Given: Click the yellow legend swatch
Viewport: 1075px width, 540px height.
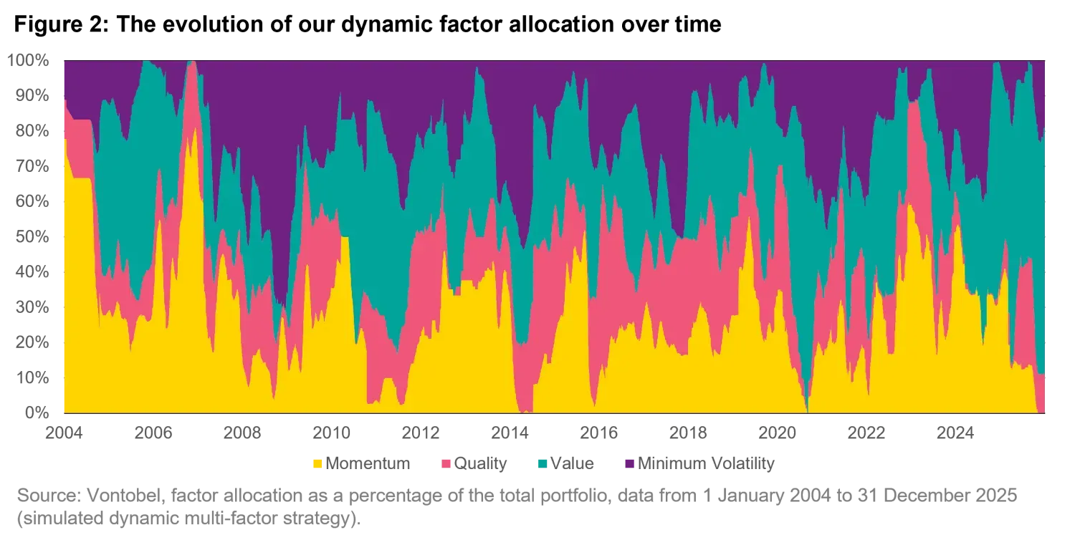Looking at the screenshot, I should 316,463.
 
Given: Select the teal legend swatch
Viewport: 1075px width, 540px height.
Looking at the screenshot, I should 542,463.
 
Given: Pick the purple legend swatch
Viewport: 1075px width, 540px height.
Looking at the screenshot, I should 631,463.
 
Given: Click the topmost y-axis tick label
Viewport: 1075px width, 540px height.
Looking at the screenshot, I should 29,62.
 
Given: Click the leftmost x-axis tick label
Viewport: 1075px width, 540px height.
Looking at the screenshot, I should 64,433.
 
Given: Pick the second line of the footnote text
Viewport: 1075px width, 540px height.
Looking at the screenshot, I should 186,519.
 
